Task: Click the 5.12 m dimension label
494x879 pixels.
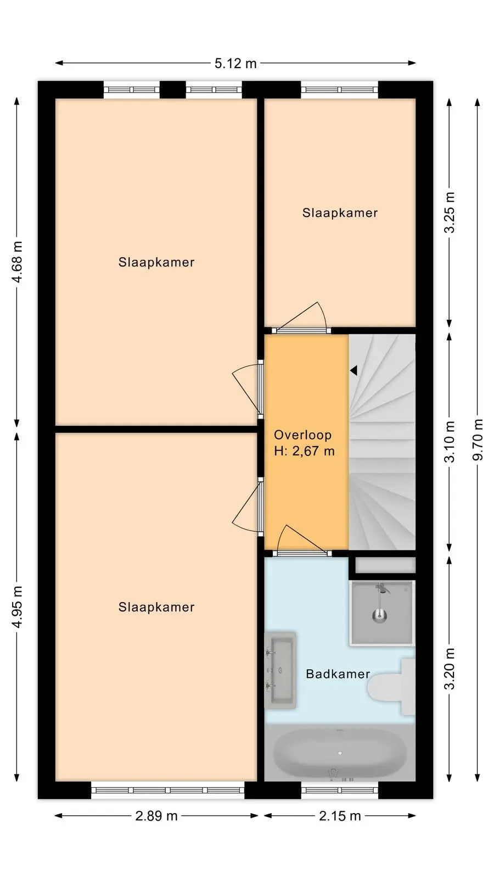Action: click(235, 63)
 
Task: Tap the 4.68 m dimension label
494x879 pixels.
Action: click(17, 262)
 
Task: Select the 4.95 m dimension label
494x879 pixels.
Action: click(17, 607)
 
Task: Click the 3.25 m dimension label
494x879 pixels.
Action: click(450, 212)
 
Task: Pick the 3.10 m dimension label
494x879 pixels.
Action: click(450, 442)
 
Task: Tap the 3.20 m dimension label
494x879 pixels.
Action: click(450, 668)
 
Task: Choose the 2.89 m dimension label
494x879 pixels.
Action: click(156, 816)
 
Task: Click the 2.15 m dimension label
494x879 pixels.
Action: click(340, 816)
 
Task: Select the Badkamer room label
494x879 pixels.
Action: click(338, 674)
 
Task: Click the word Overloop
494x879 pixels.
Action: click(302, 435)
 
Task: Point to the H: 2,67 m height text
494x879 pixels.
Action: click(304, 451)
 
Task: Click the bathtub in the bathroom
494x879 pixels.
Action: click(340, 753)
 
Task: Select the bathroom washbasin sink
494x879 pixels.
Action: click(280, 670)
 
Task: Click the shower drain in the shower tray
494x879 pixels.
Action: click(379, 615)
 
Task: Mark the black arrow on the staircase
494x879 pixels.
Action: click(353, 370)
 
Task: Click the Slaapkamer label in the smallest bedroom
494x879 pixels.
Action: click(340, 213)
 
